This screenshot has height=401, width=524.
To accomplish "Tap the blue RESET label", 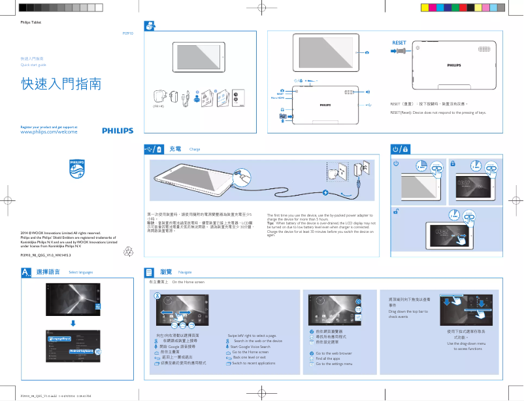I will click(399, 43).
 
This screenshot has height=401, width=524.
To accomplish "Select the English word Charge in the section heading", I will click(194, 150).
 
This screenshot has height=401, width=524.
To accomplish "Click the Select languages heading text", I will click(81, 272).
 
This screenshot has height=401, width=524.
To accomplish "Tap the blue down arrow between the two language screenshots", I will click(72, 323).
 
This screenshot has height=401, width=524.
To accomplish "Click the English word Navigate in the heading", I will click(185, 271).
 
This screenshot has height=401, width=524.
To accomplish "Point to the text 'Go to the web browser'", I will click(333, 353).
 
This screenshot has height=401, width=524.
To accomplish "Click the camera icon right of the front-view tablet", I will click(367, 52).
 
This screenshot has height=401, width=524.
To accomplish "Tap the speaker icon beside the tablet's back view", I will click(368, 92).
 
